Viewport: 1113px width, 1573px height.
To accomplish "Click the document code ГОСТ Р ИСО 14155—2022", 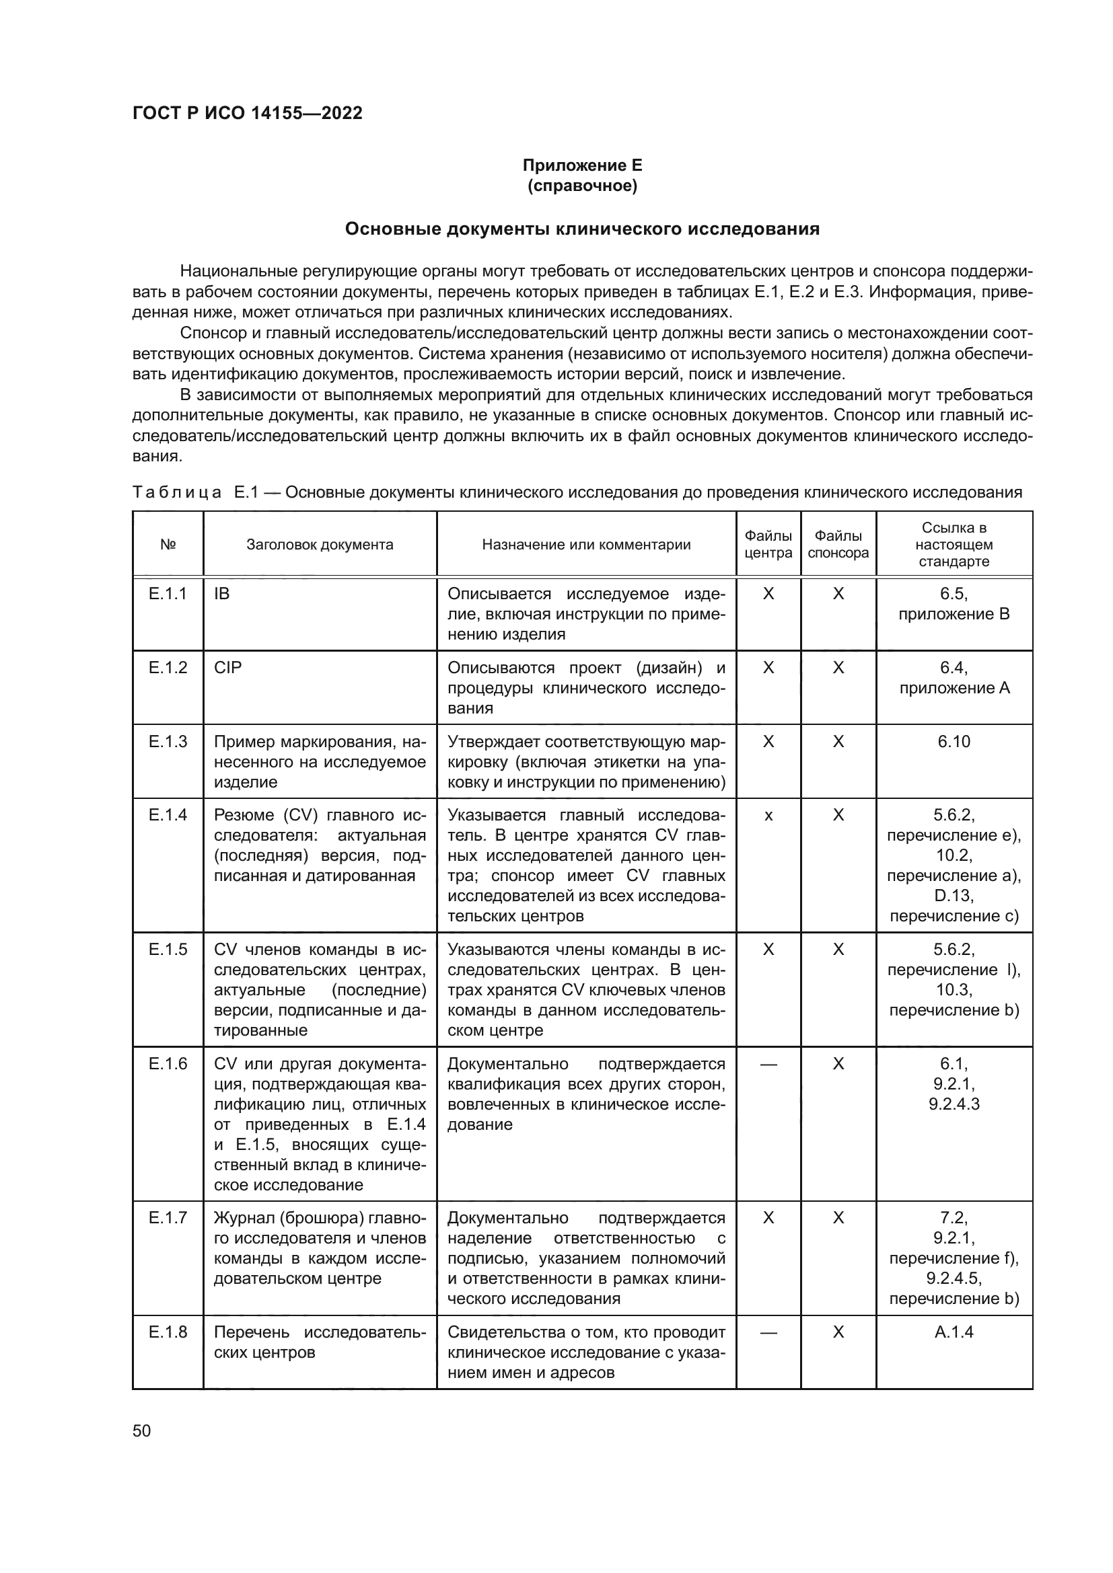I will click(248, 114).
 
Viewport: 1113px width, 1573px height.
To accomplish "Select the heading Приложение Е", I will click(582, 165).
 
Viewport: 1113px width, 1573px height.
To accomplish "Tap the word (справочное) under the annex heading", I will click(582, 186).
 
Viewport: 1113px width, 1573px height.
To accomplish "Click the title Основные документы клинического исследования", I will click(582, 229).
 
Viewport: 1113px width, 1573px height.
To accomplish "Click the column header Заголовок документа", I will click(320, 545).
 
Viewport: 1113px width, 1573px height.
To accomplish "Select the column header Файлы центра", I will click(768, 545).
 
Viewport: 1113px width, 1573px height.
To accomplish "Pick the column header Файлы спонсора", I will click(838, 545).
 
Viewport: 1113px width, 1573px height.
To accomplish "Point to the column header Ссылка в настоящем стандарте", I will click(954, 545).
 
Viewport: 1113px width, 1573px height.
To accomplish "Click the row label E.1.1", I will click(168, 594).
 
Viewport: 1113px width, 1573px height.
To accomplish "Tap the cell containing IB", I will click(222, 594).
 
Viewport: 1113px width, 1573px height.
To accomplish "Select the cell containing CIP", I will click(227, 668).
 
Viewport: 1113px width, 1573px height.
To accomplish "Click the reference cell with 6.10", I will click(954, 742).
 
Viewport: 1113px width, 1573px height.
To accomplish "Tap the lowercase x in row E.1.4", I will click(768, 816).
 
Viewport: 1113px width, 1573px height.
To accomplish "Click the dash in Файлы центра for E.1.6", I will click(768, 1065).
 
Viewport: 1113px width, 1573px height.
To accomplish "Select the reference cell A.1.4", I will click(954, 1332).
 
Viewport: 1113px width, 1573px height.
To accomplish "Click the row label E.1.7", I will click(168, 1218).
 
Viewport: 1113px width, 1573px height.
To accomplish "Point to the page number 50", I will click(142, 1431).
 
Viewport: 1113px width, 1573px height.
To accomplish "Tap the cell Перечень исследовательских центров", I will click(320, 1342).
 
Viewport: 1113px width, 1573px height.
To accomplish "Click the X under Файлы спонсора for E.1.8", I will click(838, 1332).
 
